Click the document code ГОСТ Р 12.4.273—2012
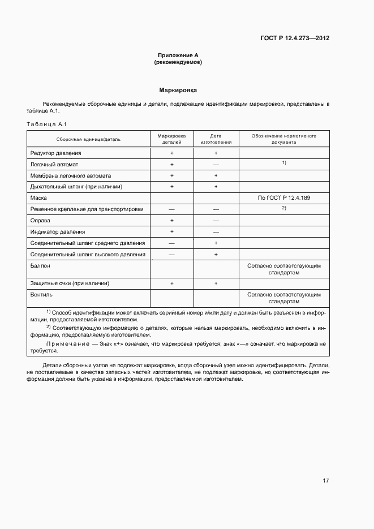[295, 38]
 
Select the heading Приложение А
[178, 55]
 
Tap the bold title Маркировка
[178, 90]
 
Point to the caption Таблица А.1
[47, 124]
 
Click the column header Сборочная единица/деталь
[88, 139]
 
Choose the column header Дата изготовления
[216, 139]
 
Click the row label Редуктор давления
[55, 153]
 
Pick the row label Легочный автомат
[54, 164]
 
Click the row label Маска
[38, 198]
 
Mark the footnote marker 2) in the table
[283, 208]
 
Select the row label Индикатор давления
[57, 231]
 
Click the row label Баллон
[40, 265]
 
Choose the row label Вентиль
[41, 294]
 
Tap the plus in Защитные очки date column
[216, 283]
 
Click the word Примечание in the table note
[67, 343]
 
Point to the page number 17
[325, 480]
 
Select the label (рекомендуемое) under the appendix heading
[178, 62]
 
